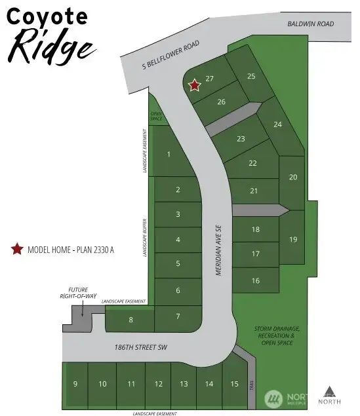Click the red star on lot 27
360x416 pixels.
coord(194,85)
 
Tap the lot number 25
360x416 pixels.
coord(250,76)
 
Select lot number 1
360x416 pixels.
coord(169,155)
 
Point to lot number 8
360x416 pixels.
coord(131,320)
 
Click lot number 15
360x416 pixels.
coord(234,384)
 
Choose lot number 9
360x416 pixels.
coord(75,384)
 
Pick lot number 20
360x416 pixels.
coord(293,177)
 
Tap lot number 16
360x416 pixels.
coord(256,280)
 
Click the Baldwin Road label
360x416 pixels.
coord(311,24)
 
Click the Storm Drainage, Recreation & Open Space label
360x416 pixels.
coord(278,335)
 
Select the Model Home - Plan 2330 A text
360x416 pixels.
coord(70,250)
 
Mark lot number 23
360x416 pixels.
coord(241,139)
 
